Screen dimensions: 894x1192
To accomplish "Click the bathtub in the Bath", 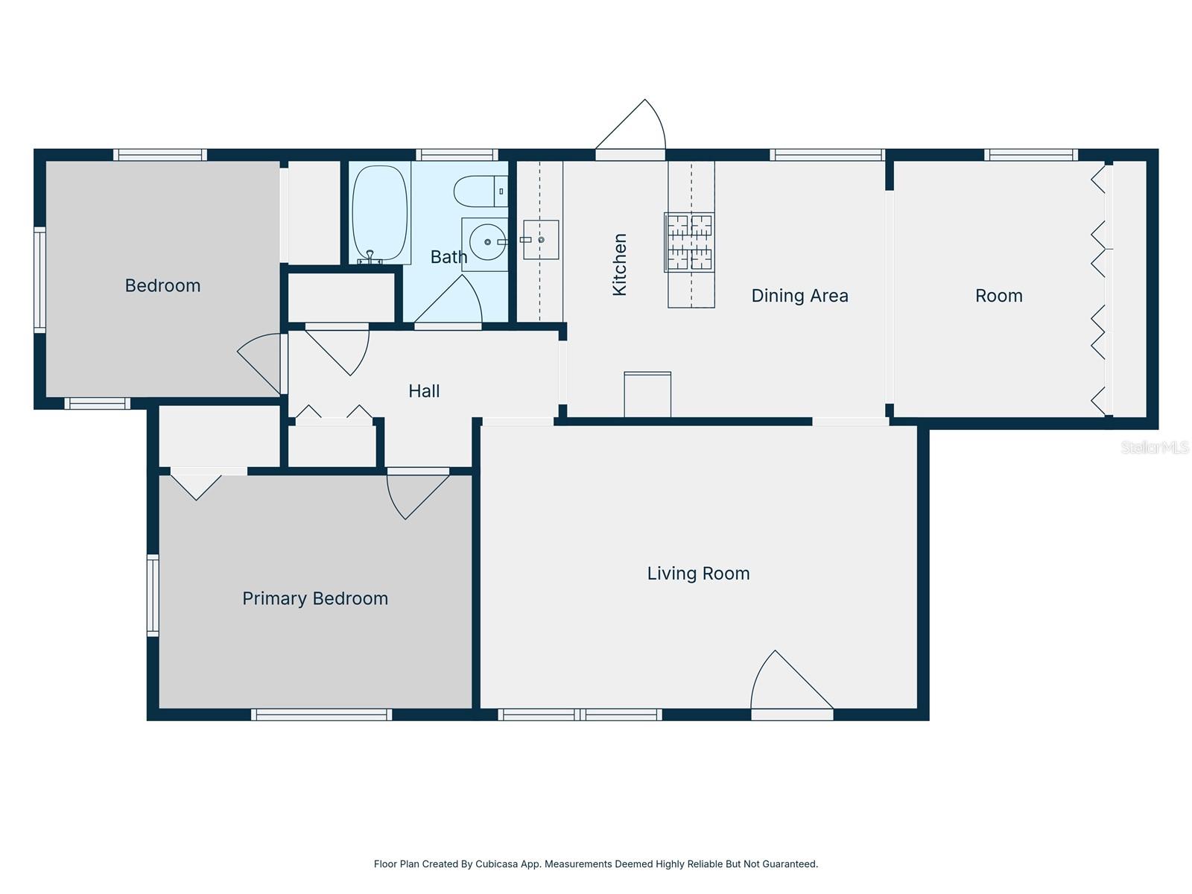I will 380,213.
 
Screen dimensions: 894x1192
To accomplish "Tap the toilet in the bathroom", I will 480,191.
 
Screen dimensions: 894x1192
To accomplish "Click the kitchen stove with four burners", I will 689,242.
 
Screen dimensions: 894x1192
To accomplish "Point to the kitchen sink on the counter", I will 541,240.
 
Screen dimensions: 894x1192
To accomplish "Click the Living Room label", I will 698,574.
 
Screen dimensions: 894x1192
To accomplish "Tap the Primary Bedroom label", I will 315,599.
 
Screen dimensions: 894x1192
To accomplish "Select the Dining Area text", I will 799,296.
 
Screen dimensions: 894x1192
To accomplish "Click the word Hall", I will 424,391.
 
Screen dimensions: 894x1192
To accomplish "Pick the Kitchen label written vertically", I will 619,264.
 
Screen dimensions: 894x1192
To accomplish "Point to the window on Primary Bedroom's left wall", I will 153,595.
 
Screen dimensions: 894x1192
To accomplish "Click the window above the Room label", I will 1030,155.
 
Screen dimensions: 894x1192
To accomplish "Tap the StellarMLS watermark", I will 1154,448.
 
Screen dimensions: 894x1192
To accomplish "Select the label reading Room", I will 998,296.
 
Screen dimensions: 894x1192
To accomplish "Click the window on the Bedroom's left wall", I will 39,279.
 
